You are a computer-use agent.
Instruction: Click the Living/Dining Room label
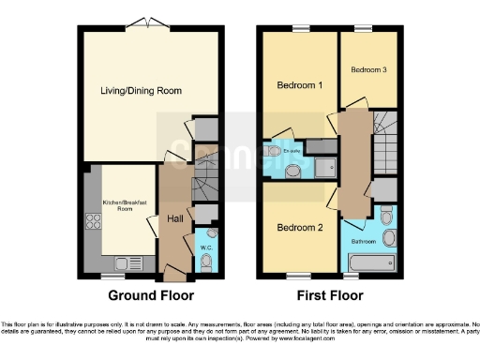pos(141,91)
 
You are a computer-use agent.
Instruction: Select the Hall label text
pos(174,218)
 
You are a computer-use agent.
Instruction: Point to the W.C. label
pos(207,247)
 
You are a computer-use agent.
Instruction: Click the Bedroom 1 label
pos(300,85)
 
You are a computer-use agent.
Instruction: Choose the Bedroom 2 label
pos(300,228)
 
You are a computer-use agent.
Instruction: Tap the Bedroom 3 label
pos(368,70)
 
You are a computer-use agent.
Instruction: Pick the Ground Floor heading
pos(151,295)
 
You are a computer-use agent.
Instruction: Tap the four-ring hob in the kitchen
pos(94,222)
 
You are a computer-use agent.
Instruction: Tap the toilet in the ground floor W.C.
pos(207,262)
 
